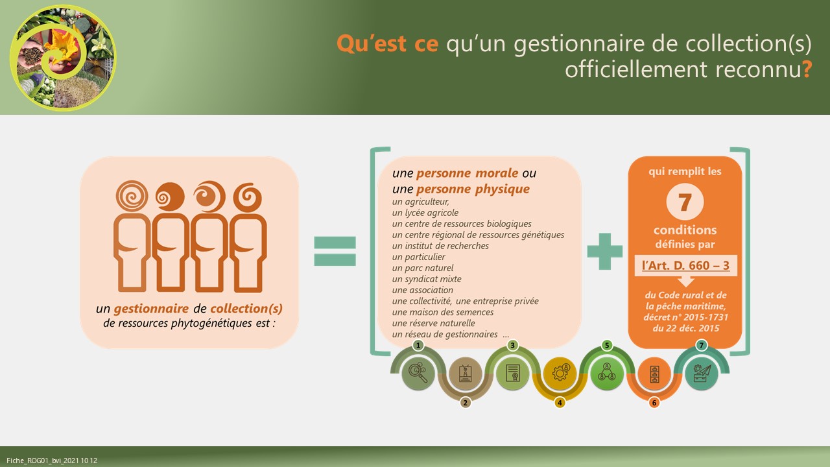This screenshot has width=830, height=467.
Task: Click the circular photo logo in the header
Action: tap(63, 58)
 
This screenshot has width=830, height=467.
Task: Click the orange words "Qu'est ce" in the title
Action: tap(387, 43)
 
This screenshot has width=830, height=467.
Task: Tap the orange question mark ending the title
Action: tap(807, 69)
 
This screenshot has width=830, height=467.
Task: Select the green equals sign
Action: tap(335, 251)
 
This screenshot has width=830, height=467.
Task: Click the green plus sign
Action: tap(605, 251)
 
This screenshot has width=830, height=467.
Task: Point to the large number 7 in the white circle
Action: tap(685, 202)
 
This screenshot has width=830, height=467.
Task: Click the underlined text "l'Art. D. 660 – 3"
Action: tap(685, 265)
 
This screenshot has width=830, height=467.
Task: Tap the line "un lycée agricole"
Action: tap(425, 213)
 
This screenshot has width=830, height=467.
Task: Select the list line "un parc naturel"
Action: tap(422, 268)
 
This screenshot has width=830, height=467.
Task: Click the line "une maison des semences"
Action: tap(443, 312)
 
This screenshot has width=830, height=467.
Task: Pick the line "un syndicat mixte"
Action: tap(427, 279)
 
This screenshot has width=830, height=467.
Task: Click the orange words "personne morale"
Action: tap(468, 173)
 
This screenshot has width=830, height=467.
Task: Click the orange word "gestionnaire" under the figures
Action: tap(151, 308)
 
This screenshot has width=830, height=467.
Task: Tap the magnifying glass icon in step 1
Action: tap(418, 373)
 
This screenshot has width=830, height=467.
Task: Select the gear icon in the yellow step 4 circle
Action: tap(560, 372)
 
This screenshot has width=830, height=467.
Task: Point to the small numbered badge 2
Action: tap(466, 403)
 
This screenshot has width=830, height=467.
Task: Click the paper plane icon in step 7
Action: tap(702, 373)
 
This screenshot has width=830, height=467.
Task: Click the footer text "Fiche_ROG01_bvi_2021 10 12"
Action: tap(52, 461)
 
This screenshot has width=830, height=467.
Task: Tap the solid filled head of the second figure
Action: tap(170, 197)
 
